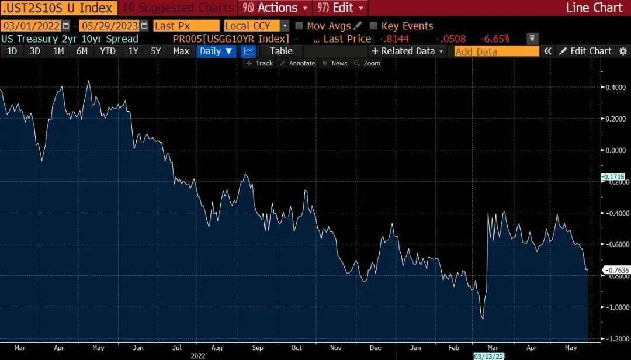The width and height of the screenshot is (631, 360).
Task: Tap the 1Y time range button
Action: point(133,51)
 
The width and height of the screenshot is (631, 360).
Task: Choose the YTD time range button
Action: point(108,51)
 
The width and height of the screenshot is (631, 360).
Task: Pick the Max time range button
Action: point(181,51)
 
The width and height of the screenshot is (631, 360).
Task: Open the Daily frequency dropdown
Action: point(216,51)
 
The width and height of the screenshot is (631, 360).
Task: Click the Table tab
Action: point(281,51)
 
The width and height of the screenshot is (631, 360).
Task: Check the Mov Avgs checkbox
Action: point(299,26)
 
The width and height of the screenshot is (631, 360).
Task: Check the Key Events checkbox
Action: point(373,26)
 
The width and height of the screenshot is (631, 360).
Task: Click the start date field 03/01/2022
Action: point(32,26)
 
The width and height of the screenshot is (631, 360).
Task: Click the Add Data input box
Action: point(497,51)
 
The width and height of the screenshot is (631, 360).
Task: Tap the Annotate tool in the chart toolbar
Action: point(298,63)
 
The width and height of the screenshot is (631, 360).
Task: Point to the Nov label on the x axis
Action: point(336,348)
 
